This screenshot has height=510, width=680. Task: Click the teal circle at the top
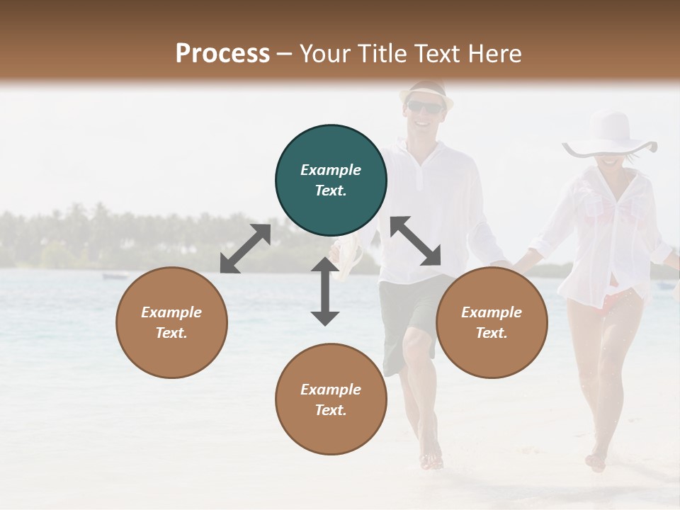(x=331, y=181)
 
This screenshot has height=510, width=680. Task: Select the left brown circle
(x=171, y=322)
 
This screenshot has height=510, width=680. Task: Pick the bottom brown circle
(x=331, y=399)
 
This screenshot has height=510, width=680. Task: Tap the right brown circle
(x=492, y=322)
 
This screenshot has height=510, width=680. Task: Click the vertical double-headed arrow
(x=325, y=291)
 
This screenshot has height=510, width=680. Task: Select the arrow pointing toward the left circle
(x=245, y=249)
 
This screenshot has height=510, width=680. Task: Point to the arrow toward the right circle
(x=416, y=241)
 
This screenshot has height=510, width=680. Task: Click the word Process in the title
(x=222, y=53)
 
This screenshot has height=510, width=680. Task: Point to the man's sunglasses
(x=425, y=107)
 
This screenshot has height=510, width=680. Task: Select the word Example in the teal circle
(x=331, y=170)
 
